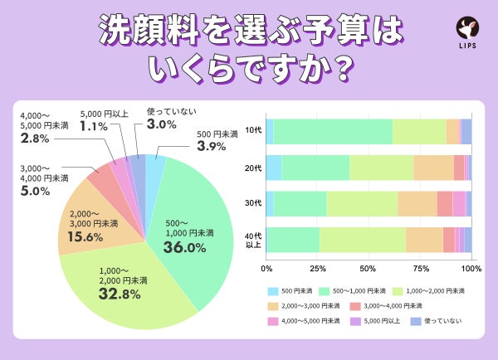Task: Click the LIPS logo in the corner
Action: [467, 32]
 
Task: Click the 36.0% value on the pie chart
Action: [183, 248]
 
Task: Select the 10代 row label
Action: [252, 132]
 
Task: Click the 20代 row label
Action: [252, 168]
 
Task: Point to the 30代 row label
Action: [252, 203]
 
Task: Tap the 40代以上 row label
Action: [252, 239]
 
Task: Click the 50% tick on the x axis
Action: [369, 269]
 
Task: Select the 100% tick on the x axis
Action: [471, 269]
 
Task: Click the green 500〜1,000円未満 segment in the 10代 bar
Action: [332, 132]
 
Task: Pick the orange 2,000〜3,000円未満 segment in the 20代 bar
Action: [433, 168]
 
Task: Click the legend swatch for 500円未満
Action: [273, 292]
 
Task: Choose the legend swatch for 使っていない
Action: [417, 320]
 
